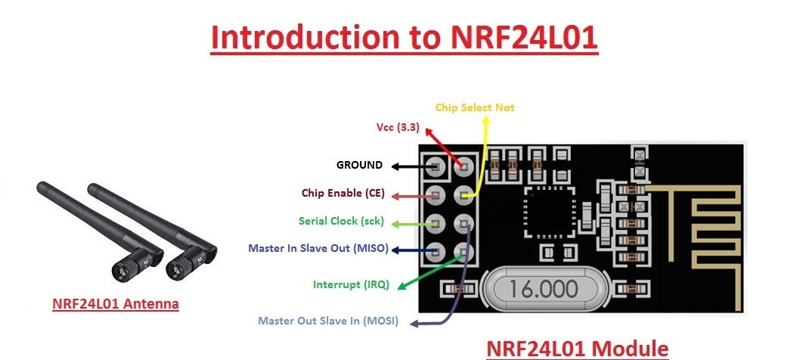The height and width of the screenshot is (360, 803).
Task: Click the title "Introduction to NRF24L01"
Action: [404, 37]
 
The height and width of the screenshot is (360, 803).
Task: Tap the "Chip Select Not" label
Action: [474, 107]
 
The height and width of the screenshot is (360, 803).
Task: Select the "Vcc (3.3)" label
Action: [398, 127]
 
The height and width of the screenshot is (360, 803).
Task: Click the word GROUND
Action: [359, 165]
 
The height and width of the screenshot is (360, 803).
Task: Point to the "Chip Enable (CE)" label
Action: [343, 194]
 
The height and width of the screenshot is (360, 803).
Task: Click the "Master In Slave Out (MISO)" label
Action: [317, 248]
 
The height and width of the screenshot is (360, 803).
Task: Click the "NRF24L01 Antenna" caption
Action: [116, 304]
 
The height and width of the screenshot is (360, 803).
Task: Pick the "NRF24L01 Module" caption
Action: [577, 348]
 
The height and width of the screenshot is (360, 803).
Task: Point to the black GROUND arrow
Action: [409, 166]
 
